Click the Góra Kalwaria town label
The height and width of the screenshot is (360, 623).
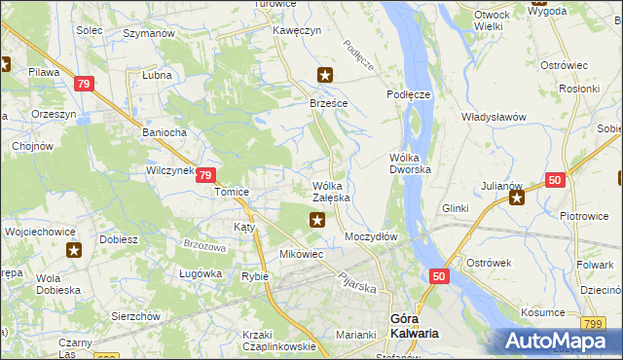click(413, 326)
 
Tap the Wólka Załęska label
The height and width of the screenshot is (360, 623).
click(331, 192)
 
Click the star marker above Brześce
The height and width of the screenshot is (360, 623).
click(326, 74)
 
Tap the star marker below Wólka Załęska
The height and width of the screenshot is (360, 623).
click(317, 221)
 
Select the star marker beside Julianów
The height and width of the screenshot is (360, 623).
click(517, 199)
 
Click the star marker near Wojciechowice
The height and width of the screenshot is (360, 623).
click(74, 250)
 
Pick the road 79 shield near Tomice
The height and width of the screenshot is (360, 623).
click(205, 175)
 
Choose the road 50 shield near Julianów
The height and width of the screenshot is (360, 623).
click(555, 180)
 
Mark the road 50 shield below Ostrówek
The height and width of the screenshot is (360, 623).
click(439, 278)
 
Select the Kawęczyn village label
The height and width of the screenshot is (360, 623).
click(297, 31)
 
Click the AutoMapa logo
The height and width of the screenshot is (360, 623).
click(555, 342)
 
